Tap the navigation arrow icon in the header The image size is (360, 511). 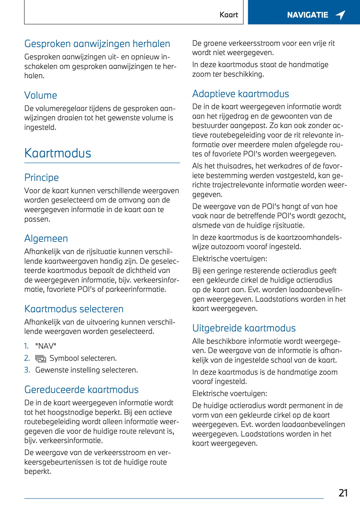click(341, 15)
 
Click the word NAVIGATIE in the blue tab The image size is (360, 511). click(307, 15)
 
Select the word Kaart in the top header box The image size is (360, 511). click(229, 15)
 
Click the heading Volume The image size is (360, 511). click(41, 95)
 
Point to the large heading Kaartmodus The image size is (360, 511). click(58, 153)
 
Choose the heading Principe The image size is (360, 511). click(41, 177)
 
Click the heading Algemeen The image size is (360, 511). click(46, 238)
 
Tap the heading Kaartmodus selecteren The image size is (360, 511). click(74, 309)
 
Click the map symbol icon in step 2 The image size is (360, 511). click(40, 359)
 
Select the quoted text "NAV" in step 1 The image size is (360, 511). click(46, 346)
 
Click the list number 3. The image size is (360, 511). click(27, 370)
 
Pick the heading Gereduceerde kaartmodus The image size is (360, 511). click(81, 390)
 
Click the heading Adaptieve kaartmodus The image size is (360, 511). click(240, 94)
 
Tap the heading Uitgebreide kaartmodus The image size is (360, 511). click(244, 328)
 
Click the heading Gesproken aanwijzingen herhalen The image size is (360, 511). click(97, 44)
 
